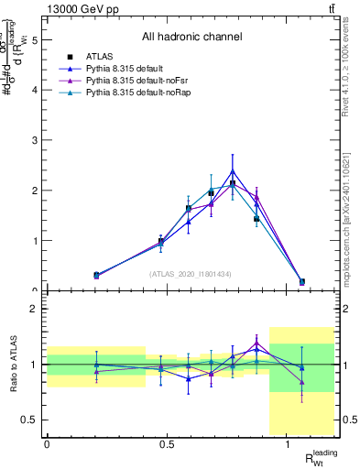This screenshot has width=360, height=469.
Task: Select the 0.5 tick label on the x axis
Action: [167, 444]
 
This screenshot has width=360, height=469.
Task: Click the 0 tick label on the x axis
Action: [47, 444]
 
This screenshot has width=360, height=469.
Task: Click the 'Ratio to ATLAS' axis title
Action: [12, 365]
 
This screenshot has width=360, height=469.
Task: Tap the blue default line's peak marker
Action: [233, 171]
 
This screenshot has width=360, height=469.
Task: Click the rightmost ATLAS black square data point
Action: [302, 282]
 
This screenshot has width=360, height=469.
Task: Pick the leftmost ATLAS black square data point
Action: [96, 275]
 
